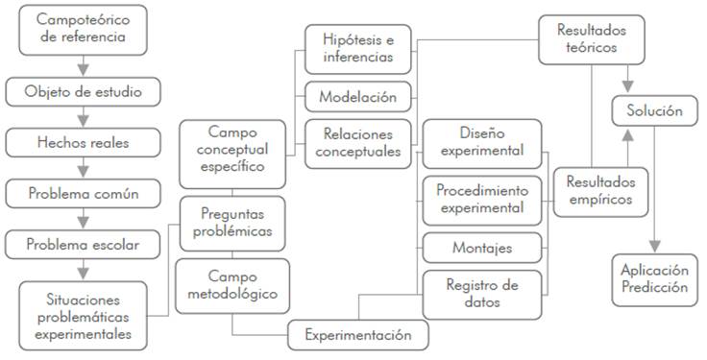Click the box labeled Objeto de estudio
pyautogui.click(x=83, y=92)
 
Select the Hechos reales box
pyautogui.click(x=83, y=143)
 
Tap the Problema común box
pyautogui.click(x=83, y=194)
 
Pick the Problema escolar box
pyautogui.click(x=83, y=245)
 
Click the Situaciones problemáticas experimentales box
pyautogui.click(x=83, y=316)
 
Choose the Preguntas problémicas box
pyautogui.click(x=232, y=224)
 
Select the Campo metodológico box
pyautogui.click(x=232, y=286)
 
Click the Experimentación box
pyautogui.click(x=358, y=335)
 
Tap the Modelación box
pyautogui.click(x=358, y=97)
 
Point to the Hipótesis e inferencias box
pyautogui.click(x=358, y=49)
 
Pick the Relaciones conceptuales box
pyautogui.click(x=358, y=144)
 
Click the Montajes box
pyautogui.click(x=482, y=248)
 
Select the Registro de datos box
pyautogui.click(x=482, y=295)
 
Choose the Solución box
pyautogui.click(x=655, y=110)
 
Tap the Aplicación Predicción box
pyautogui.click(x=655, y=279)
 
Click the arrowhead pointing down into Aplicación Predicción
pyautogui.click(x=655, y=246)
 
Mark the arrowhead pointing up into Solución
pyautogui.click(x=627, y=134)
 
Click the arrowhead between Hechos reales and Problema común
pyautogui.click(x=83, y=172)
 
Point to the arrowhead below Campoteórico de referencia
pyautogui.click(x=83, y=69)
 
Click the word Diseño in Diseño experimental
pyautogui.click(x=482, y=133)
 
